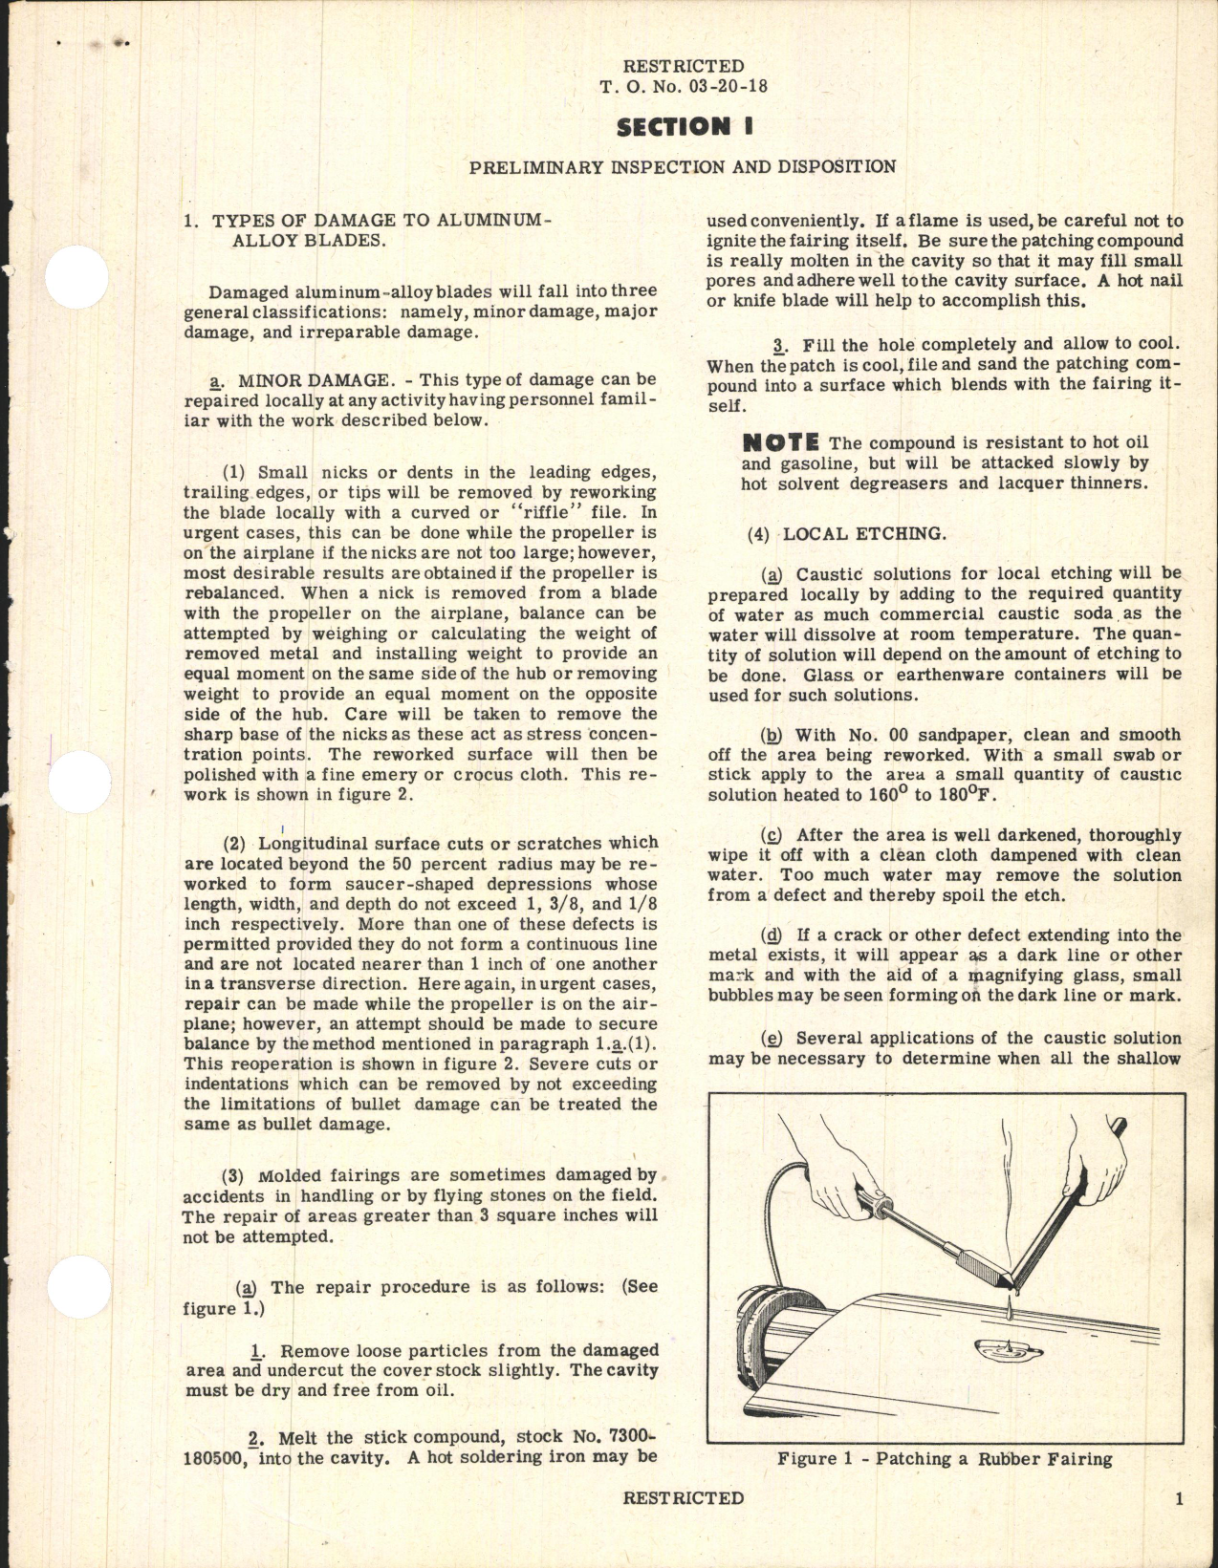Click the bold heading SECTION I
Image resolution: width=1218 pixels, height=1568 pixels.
[682, 126]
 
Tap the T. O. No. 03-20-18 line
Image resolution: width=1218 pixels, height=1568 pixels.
[683, 86]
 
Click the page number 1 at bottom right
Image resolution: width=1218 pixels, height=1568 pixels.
[1179, 1498]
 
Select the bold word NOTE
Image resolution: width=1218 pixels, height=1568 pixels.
[780, 442]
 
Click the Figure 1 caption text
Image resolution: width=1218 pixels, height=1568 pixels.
[945, 1459]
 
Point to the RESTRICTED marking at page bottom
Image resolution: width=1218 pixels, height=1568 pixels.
[683, 1498]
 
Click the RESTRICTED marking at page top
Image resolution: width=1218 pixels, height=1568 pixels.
[683, 66]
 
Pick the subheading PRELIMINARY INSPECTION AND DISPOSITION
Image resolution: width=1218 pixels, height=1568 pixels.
[683, 166]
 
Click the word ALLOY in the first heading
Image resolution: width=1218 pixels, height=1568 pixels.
[264, 240]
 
